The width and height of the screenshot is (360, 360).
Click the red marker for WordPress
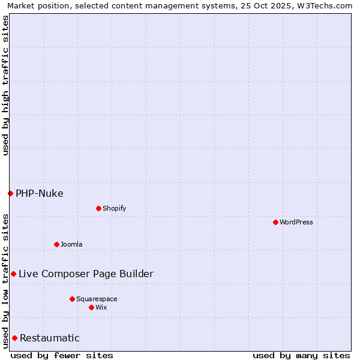click(x=275, y=222)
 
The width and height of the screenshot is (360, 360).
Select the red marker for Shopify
click(x=98, y=208)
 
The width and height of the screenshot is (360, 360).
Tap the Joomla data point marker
click(x=56, y=244)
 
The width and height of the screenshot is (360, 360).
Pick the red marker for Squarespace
click(x=72, y=299)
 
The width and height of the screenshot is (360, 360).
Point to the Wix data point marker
click(x=91, y=307)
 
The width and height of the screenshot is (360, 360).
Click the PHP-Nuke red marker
click(x=10, y=193)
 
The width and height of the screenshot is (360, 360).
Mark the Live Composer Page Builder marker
click(x=13, y=274)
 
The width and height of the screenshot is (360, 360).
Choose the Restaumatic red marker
click(x=14, y=338)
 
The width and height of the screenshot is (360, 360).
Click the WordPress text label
click(x=296, y=222)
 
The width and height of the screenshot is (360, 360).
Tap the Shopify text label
click(x=115, y=208)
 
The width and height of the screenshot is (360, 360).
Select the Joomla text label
click(x=71, y=244)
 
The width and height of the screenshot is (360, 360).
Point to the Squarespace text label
click(x=97, y=299)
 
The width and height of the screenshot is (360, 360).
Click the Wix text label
click(x=101, y=307)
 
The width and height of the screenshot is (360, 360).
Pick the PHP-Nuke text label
click(x=40, y=193)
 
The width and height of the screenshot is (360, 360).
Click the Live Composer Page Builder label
click(x=86, y=274)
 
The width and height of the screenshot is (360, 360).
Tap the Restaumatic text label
click(x=50, y=338)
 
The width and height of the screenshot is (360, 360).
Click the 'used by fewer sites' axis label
click(x=62, y=355)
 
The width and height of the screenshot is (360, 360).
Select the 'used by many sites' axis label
click(x=301, y=355)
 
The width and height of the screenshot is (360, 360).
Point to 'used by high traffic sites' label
click(x=5, y=85)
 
